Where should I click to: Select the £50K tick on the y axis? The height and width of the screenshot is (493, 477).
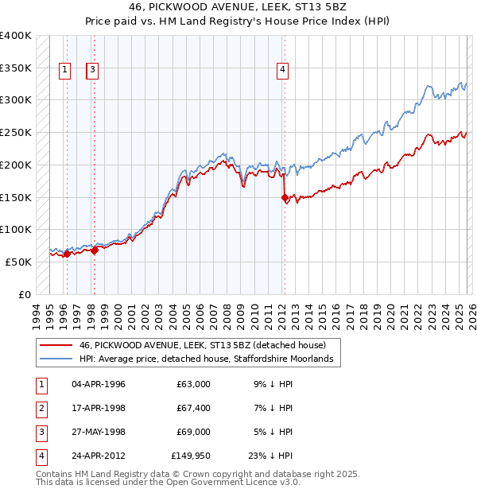(19, 262)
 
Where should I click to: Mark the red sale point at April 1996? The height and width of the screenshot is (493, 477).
(67, 254)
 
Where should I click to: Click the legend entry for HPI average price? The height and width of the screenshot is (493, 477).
(210, 359)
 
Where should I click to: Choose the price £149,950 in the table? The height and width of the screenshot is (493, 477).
(191, 456)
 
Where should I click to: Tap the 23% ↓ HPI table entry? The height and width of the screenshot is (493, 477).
(270, 456)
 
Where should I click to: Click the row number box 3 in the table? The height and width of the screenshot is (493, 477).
(40, 432)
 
